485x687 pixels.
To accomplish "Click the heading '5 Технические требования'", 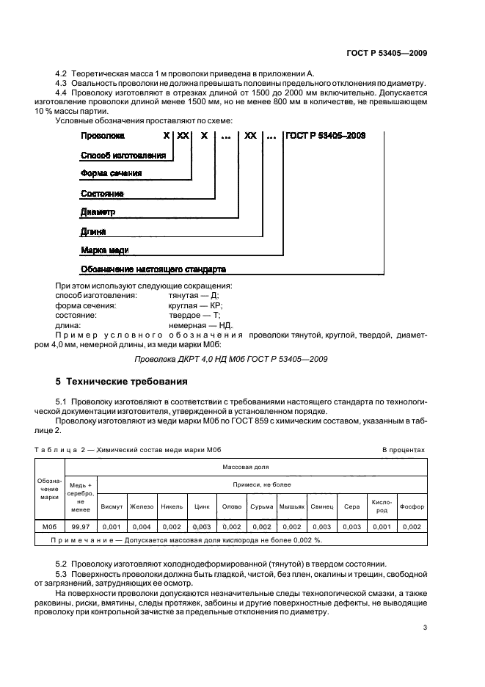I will (122, 382).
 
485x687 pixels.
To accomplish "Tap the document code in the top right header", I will (387, 53).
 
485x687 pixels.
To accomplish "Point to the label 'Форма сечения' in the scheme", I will (110, 174).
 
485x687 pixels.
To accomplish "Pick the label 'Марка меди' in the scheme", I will (104, 250).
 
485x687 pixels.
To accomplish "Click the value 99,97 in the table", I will (81, 526).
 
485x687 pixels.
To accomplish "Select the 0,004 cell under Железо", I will (141, 526).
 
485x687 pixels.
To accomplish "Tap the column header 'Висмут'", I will (112, 506).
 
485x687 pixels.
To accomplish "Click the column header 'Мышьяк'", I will (291, 506).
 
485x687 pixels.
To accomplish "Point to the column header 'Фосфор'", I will (412, 506).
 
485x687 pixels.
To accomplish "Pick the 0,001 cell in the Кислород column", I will (382, 526).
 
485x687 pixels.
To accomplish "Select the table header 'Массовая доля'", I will (246, 465).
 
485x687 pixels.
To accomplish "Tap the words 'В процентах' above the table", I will (403, 449).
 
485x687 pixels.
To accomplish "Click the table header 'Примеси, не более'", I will (262, 484).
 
